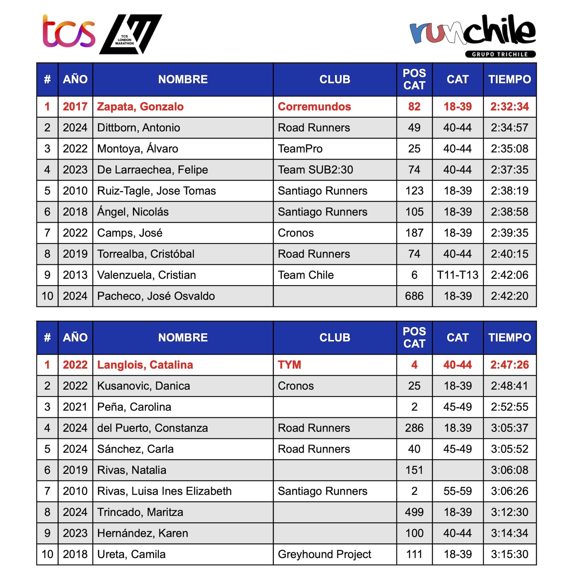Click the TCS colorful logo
click(x=69, y=32)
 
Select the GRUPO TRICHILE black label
click(x=500, y=54)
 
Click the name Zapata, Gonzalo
click(x=140, y=107)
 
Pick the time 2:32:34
click(x=509, y=107)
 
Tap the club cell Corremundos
click(x=314, y=107)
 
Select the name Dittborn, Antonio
click(x=138, y=128)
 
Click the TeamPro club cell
click(x=300, y=149)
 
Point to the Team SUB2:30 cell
click(x=315, y=170)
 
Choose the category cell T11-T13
click(x=458, y=275)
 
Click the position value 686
click(x=414, y=296)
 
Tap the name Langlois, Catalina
click(x=145, y=365)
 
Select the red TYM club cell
click(x=289, y=365)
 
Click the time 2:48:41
click(x=509, y=386)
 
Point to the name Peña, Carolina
click(x=134, y=407)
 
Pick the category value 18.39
click(x=458, y=428)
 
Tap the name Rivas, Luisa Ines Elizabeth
click(x=164, y=491)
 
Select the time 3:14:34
click(x=509, y=533)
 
